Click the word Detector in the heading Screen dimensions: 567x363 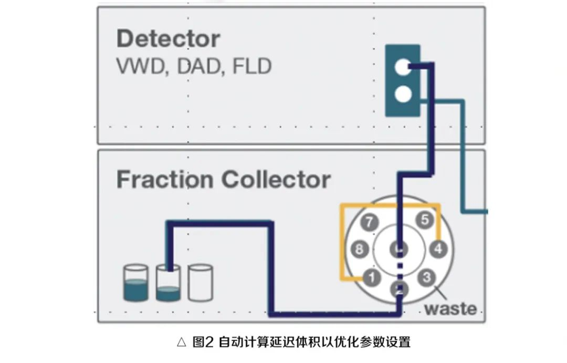(x=168, y=39)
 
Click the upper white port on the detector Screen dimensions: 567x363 (x=402, y=67)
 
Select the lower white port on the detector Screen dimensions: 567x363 (x=402, y=94)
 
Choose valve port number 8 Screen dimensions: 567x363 (x=359, y=248)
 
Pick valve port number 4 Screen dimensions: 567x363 (x=437, y=247)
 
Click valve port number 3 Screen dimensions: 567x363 (x=427, y=277)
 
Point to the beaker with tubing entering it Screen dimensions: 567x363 (x=168, y=284)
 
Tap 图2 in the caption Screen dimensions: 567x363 (x=203, y=343)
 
